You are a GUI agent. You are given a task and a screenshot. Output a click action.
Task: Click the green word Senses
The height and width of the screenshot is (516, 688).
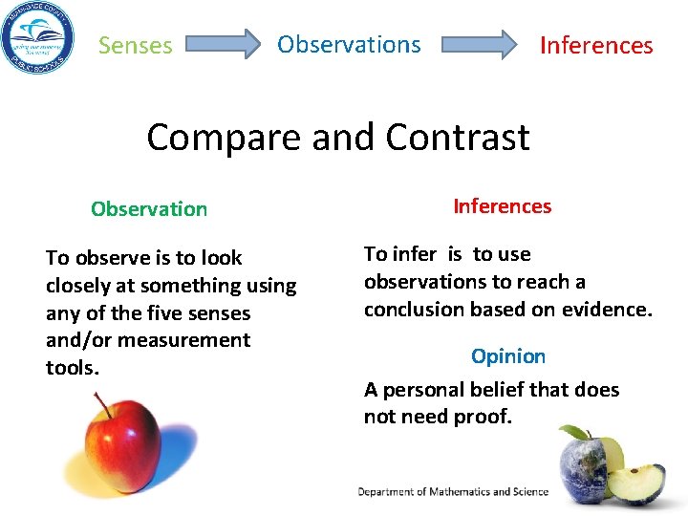tap(136, 45)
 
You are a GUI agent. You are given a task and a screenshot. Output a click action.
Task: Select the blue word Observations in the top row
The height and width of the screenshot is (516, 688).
tap(349, 44)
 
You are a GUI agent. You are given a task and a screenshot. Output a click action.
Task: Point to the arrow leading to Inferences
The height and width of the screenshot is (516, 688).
tap(478, 44)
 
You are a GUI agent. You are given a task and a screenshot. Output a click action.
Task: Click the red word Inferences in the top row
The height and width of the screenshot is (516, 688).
tap(596, 45)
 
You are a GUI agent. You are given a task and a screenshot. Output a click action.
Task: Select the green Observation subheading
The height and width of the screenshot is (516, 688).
tap(149, 209)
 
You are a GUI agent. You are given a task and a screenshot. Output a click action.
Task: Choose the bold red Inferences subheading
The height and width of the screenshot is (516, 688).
tap(502, 206)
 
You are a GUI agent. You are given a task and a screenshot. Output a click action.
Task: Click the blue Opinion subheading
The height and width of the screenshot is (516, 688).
tap(508, 356)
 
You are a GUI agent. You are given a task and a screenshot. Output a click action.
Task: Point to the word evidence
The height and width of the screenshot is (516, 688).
tap(607, 310)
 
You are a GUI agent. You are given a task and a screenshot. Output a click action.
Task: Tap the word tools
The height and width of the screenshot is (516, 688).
tap(72, 368)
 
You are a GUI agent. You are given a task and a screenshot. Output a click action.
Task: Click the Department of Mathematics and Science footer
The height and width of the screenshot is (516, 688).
tap(453, 492)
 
